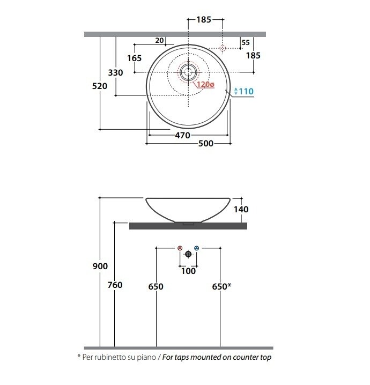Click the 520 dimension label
coord(100,86)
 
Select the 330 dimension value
coord(115,73)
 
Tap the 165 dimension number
coord(134,58)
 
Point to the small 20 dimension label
coord(159,40)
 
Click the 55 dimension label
coord(246,42)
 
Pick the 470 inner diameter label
coord(183,135)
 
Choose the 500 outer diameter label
coord(206,143)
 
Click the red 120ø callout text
coord(205,85)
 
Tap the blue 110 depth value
coord(246,91)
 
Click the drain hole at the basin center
coord(188,72)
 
